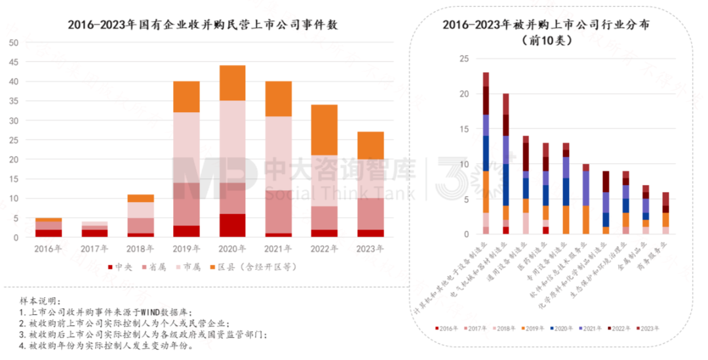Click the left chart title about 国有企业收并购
tap(207, 25)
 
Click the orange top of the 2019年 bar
tap(187, 96)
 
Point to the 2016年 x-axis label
tap(49, 249)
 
